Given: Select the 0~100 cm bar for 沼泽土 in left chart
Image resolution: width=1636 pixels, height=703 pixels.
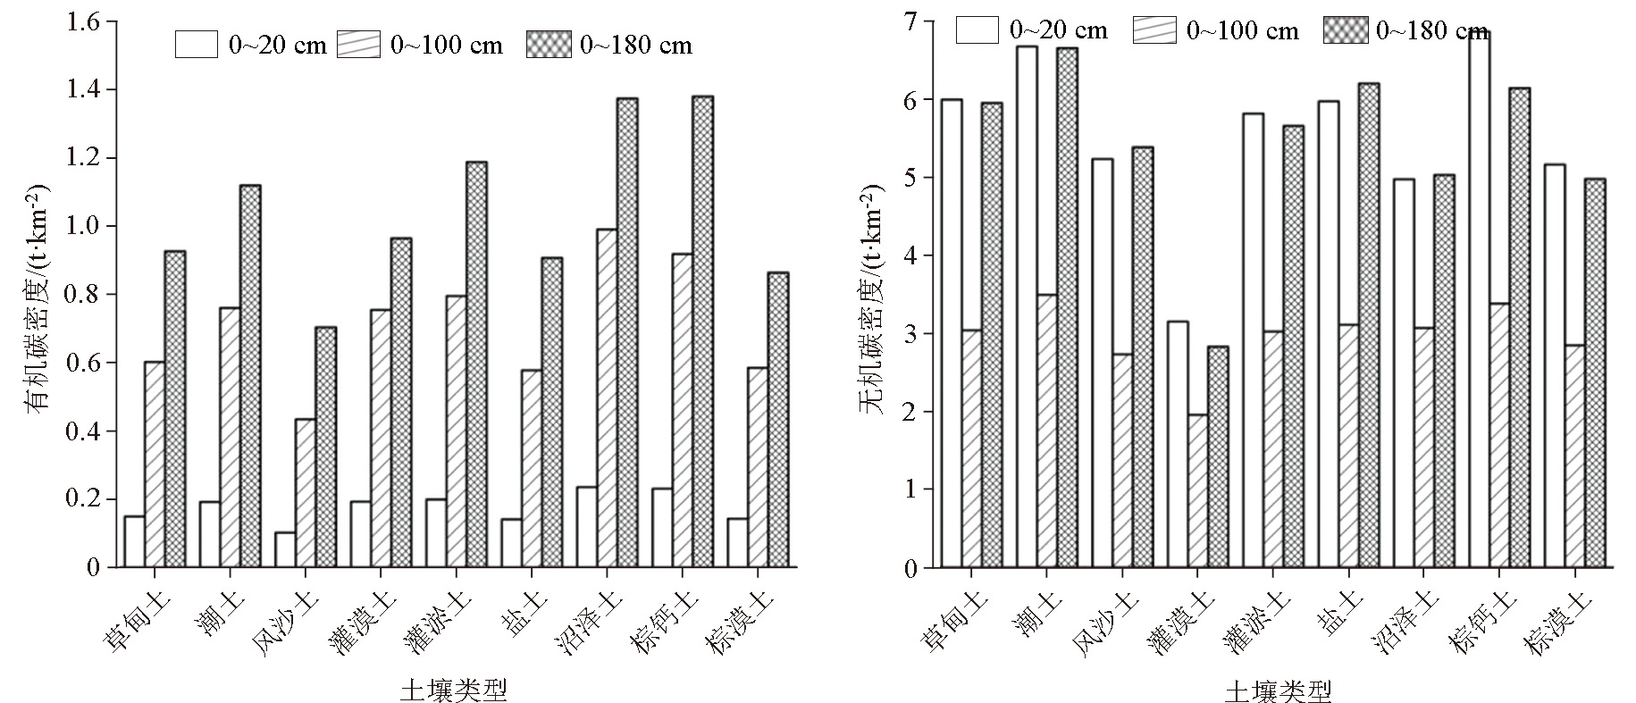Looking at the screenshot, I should (x=608, y=398).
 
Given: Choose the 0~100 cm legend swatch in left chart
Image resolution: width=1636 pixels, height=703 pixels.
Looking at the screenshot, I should (x=358, y=45).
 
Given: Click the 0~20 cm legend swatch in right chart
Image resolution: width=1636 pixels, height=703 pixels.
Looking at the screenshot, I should (x=977, y=29).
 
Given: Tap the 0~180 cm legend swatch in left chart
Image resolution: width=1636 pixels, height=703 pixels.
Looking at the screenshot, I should (x=548, y=45).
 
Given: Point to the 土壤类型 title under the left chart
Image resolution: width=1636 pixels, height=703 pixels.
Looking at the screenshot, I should (x=454, y=689).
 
